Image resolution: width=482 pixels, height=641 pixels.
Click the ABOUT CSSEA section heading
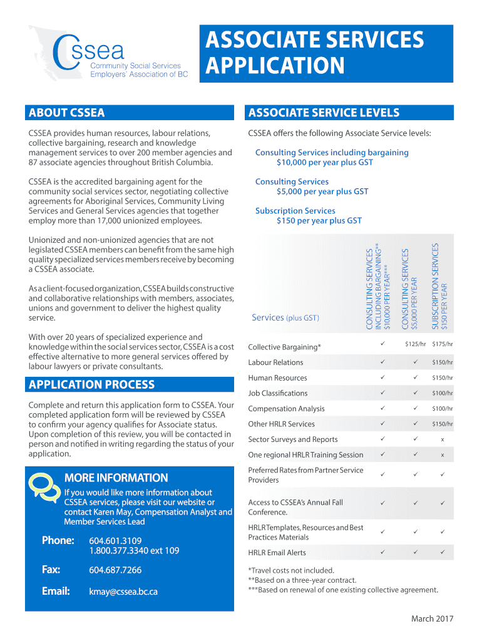pos(66,113)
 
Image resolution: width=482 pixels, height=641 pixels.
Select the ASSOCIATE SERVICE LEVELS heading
pos(324,113)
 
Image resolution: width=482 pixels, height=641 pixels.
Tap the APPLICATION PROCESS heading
pos(91,384)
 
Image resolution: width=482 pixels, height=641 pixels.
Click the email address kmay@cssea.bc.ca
pos(123,591)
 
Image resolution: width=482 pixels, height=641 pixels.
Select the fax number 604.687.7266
pos(115,570)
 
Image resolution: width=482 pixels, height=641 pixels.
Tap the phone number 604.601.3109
pos(115,541)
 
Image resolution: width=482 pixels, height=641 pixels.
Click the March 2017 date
pos(432,619)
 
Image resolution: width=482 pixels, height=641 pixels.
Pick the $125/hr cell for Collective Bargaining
pos(415,344)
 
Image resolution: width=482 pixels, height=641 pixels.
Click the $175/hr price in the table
pos(443,344)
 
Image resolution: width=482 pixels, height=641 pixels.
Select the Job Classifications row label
pos(277,393)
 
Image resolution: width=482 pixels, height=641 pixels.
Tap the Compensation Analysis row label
pos(286,409)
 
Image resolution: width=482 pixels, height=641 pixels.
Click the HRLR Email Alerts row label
pos(277,553)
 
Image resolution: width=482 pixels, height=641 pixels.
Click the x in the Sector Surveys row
pos(443,439)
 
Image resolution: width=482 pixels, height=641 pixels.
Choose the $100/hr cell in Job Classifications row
pos(443,393)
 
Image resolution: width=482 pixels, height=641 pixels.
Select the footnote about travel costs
pos(291,570)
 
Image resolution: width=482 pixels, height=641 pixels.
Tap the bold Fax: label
pos(51,570)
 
